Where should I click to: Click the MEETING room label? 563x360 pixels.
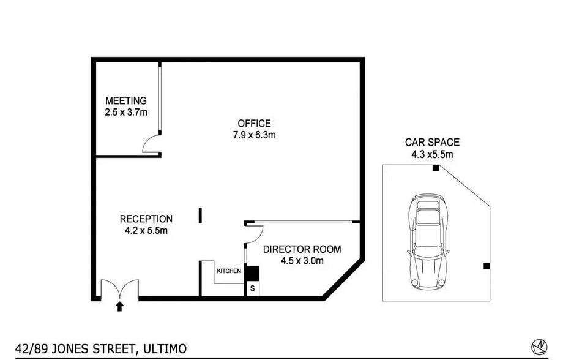pos(126,100)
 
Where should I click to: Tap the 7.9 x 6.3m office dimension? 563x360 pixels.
pos(254,135)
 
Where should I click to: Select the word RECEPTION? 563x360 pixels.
pos(146,219)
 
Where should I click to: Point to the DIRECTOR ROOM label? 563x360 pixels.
pos(302,249)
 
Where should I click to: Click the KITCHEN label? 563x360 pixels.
pos(229,271)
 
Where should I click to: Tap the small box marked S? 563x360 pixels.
pos(252,288)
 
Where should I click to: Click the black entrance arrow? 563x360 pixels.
pos(119,307)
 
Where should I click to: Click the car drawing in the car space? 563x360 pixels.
pos(428,241)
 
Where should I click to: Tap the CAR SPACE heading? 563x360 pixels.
pos(432,142)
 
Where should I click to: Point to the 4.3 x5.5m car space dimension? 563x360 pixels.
pos(432,154)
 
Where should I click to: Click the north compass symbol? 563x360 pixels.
pos(539,347)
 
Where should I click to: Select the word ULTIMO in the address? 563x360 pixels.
pos(165,348)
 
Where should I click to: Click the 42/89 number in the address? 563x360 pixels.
pos(31,349)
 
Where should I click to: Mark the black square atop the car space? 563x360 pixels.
pos(436,168)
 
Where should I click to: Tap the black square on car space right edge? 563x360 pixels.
pos(487,266)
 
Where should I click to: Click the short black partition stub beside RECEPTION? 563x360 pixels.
pos(200,216)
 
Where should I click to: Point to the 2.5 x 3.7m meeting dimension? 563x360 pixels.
pos(126,113)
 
